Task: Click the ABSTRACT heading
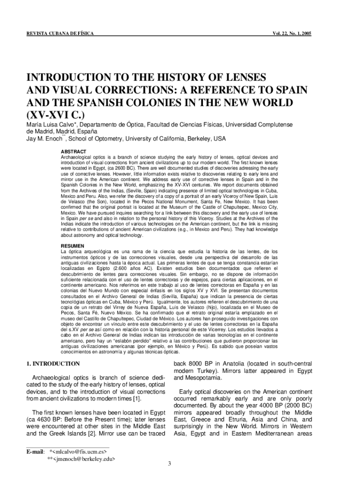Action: click(x=73, y=152)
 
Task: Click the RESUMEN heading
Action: click(x=73, y=246)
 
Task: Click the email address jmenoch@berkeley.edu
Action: click(x=84, y=459)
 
